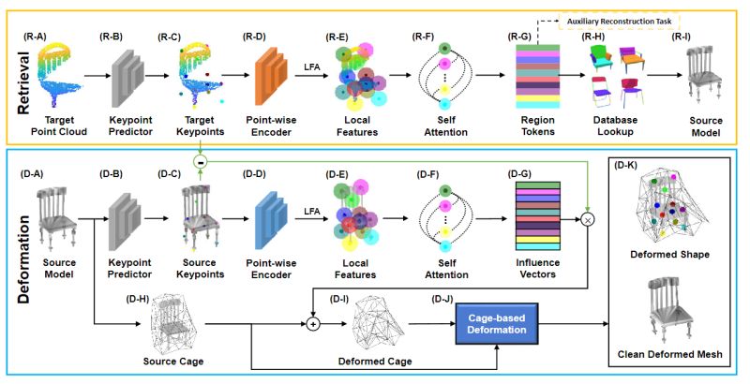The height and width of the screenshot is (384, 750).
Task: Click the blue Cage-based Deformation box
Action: pyautogui.click(x=497, y=323)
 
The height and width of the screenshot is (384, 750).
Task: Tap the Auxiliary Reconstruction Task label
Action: pyautogui.click(x=619, y=22)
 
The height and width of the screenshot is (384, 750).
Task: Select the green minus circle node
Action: pyautogui.click(x=201, y=162)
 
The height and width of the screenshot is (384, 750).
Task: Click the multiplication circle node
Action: pyautogui.click(x=588, y=220)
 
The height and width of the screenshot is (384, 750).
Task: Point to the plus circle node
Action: pyautogui.click(x=312, y=324)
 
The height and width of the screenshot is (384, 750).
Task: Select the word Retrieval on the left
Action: pyautogui.click(x=23, y=82)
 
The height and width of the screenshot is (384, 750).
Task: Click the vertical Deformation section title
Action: pyautogui.click(x=23, y=259)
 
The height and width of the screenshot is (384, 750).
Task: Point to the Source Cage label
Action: pyautogui.click(x=173, y=362)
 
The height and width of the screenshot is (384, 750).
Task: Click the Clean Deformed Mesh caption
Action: pyautogui.click(x=669, y=354)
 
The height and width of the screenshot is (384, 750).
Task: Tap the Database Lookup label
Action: pyautogui.click(x=615, y=126)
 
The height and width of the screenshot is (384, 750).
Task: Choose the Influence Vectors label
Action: pyautogui.click(x=537, y=269)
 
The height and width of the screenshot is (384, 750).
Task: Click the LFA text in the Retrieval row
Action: pyautogui.click(x=312, y=67)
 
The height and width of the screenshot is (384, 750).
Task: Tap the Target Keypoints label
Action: pyautogui.click(x=200, y=126)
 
